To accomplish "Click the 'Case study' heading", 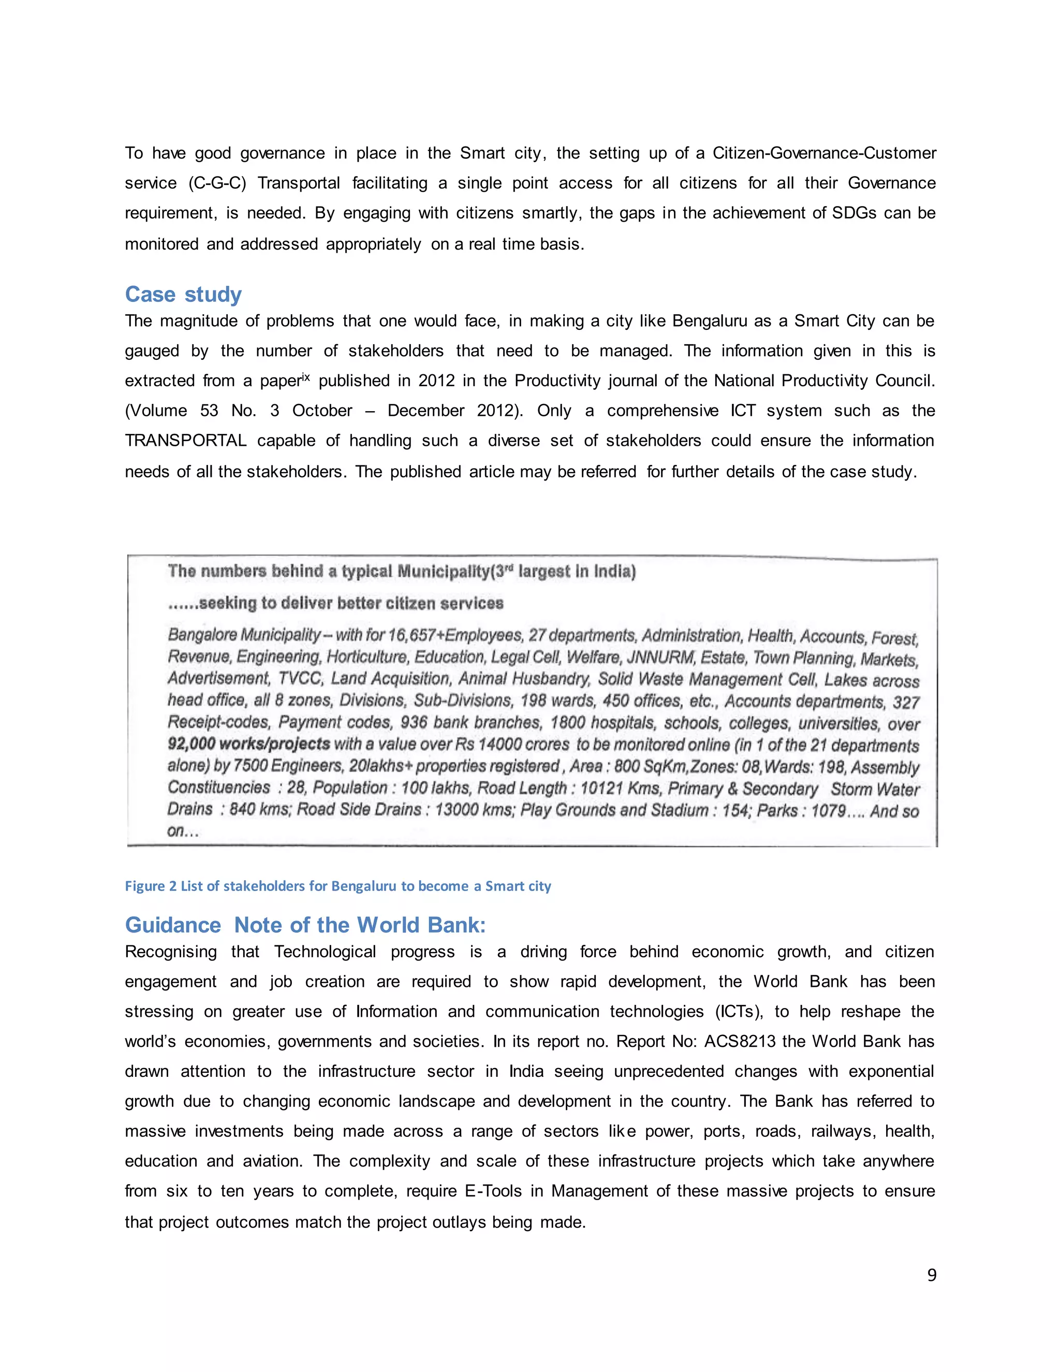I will tap(183, 295).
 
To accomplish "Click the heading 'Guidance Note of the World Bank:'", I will tap(305, 925).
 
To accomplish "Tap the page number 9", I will tap(931, 1275).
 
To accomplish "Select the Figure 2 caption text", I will tap(338, 886).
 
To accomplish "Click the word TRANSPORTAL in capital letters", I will tap(185, 441).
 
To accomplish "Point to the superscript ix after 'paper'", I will tap(306, 377).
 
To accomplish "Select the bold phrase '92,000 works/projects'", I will tap(248, 744).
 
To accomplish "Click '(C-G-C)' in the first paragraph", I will tap(217, 183).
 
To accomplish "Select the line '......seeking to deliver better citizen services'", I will tap(335, 603).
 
